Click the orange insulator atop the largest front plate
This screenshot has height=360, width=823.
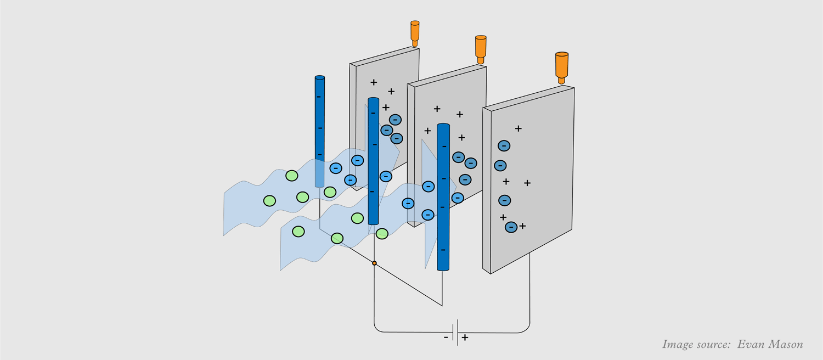click(562, 67)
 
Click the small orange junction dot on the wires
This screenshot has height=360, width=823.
click(374, 263)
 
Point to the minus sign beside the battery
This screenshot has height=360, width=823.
click(446, 337)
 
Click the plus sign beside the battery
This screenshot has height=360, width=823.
click(465, 337)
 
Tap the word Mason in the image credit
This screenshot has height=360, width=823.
click(786, 345)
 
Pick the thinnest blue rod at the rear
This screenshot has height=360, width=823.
click(319, 132)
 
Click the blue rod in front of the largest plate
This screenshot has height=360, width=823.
click(443, 198)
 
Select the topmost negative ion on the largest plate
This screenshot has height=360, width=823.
click(504, 146)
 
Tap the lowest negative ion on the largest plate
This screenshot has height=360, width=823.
click(511, 227)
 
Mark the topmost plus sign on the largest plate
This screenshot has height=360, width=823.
click(518, 128)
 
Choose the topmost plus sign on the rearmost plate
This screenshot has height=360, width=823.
click(374, 82)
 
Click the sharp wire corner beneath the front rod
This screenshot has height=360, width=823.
click(442, 306)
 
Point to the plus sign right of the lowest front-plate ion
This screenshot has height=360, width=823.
click(522, 226)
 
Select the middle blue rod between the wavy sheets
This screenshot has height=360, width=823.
click(373, 162)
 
